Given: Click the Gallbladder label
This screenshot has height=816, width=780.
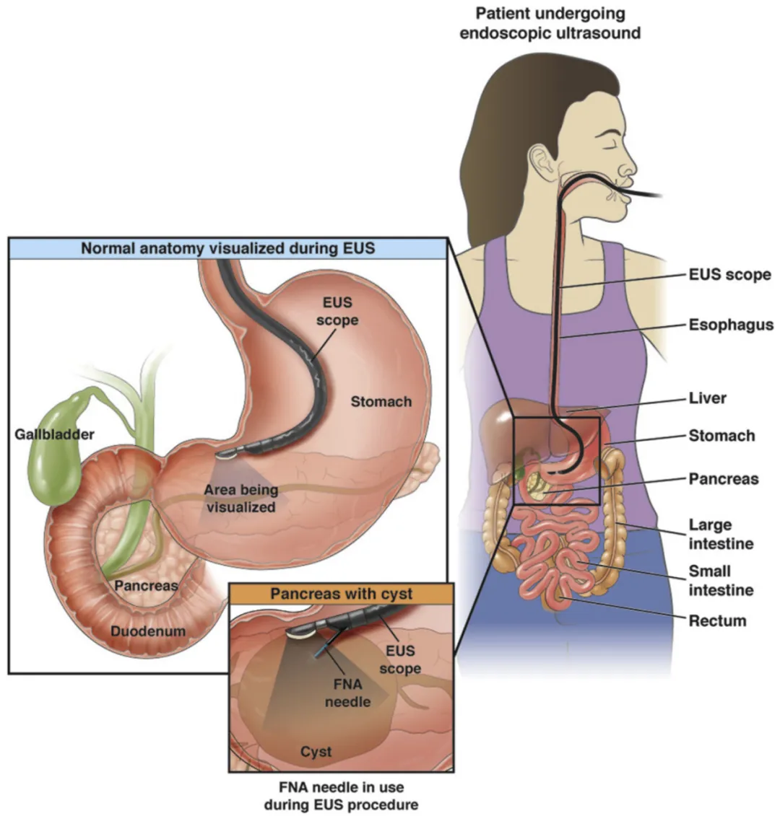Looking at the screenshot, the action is point(54,434).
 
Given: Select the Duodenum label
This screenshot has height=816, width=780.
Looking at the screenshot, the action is point(148,631).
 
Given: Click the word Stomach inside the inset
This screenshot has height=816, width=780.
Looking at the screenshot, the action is point(381,401).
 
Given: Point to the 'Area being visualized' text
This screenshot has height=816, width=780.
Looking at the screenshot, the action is point(240,498).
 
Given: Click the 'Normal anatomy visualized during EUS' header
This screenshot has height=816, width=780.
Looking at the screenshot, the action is point(227,248).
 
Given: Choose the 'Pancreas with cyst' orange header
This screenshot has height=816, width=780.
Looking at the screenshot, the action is point(342,594).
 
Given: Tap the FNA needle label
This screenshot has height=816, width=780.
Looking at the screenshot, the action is point(347,693).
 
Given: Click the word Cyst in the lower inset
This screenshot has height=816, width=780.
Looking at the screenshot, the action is point(316,752).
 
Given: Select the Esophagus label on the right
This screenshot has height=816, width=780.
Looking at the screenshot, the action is point(731,325).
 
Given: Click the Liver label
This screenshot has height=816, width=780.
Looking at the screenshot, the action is point(708,398).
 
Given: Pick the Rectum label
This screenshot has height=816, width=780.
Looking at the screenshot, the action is point(717,620).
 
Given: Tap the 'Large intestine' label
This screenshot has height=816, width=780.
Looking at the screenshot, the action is point(721,534).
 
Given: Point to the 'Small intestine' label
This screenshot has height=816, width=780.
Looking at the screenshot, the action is point(721,580).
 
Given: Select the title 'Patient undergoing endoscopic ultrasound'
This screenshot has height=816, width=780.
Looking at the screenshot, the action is point(550,23).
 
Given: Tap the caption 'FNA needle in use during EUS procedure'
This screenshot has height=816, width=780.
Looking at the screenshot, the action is point(342,796).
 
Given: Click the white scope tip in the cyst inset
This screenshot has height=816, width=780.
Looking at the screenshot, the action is point(300,633).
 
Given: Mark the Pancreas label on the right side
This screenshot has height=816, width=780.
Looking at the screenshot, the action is point(724,479).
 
